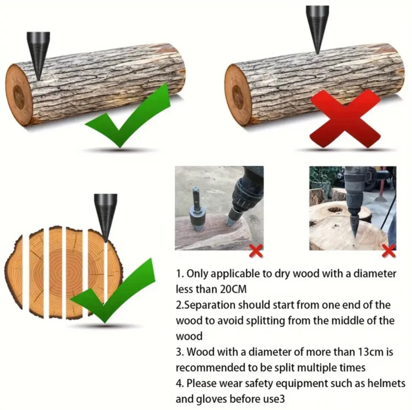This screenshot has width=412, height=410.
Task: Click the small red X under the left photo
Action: click(x=256, y=251)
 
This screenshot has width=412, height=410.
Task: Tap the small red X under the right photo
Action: click(x=389, y=251)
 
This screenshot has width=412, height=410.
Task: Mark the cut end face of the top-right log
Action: click(x=238, y=95)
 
